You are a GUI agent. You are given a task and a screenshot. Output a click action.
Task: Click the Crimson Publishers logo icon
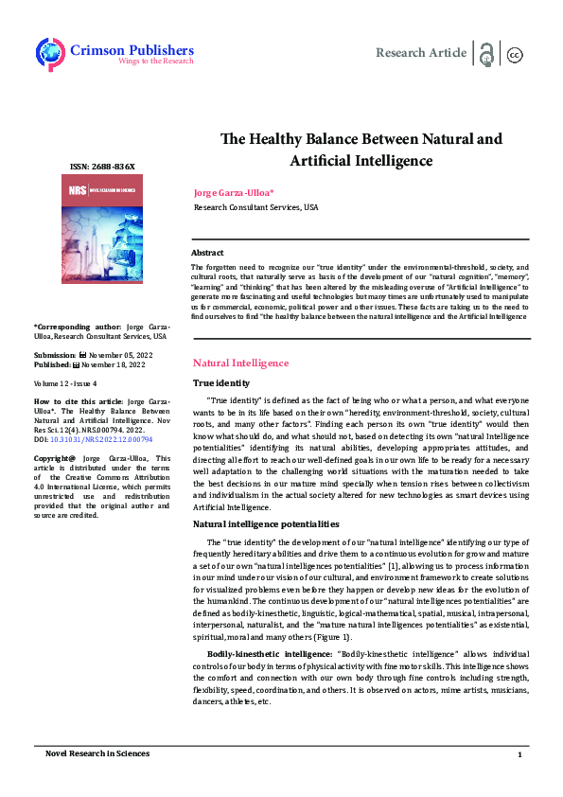pyautogui.click(x=50, y=53)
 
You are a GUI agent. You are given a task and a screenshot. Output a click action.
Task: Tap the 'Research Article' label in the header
pyautogui.click(x=420, y=53)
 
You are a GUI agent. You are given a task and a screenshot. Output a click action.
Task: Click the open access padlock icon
pyautogui.click(x=486, y=54)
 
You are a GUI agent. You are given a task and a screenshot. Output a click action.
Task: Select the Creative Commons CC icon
pyautogui.click(x=516, y=54)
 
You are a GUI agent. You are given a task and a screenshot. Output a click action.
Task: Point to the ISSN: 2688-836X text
pyautogui.click(x=102, y=167)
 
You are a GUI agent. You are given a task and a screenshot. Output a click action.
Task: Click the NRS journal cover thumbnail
pyautogui.click(x=102, y=230)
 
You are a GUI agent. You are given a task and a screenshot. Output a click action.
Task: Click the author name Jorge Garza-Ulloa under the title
pyautogui.click(x=234, y=193)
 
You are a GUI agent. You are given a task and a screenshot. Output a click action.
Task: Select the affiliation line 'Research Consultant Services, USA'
pyautogui.click(x=255, y=207)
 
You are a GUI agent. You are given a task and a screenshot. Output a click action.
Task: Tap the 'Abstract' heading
pyautogui.click(x=207, y=253)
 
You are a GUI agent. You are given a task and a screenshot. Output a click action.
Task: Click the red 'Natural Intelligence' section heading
pyautogui.click(x=240, y=363)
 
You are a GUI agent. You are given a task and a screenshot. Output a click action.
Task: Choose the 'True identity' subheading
pyautogui.click(x=221, y=383)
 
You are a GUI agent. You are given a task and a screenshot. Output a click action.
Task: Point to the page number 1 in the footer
pyautogui.click(x=519, y=754)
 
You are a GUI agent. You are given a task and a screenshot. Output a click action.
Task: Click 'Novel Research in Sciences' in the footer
pyautogui.click(x=97, y=754)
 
